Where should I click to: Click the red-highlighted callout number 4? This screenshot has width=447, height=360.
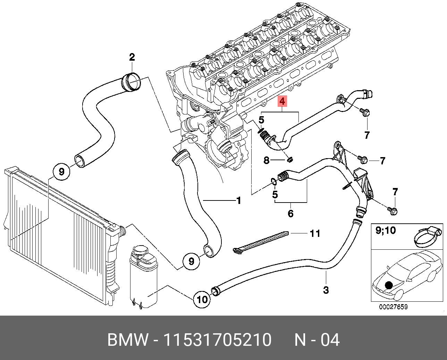pos(282,101)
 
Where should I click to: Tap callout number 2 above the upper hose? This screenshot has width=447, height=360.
pos(132,57)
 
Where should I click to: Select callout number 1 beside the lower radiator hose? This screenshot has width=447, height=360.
pos(239,200)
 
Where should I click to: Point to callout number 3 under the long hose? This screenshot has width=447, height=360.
pos(326,290)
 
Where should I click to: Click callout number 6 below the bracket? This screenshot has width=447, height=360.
pos(290,213)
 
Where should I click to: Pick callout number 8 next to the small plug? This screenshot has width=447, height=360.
pos(267,160)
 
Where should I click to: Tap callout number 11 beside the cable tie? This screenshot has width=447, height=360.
pos(315,233)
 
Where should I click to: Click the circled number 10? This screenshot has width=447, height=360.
pos(202,299)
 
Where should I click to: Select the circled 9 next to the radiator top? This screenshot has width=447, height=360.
pos(61,171)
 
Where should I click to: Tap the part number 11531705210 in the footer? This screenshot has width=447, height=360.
pos(218,340)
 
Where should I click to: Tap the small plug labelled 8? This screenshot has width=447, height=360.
pos(290,160)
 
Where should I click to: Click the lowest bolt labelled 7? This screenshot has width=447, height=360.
pos(392,211)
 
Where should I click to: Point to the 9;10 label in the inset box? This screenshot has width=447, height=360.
pos(386,230)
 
